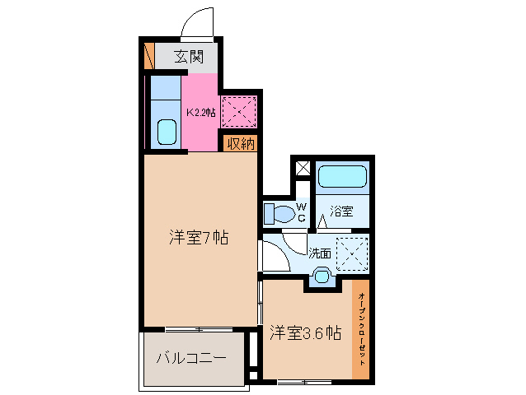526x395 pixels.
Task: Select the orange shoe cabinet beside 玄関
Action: coord(149,55)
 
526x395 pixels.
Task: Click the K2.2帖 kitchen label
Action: coord(200,112)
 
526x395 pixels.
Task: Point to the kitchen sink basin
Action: coord(167,131)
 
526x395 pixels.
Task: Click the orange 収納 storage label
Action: coord(240,144)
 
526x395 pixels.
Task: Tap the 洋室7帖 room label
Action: coord(199,239)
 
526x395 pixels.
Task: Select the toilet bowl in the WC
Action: coord(278,215)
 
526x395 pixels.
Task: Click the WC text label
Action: coord(302,211)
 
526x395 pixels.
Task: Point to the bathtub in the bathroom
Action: coord(342,177)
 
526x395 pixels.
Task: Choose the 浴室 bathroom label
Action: coord(342,211)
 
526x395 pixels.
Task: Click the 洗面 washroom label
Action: coord(320,253)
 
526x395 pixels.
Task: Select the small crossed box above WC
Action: coord(303,168)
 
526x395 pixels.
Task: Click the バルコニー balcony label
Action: coord(191,359)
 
